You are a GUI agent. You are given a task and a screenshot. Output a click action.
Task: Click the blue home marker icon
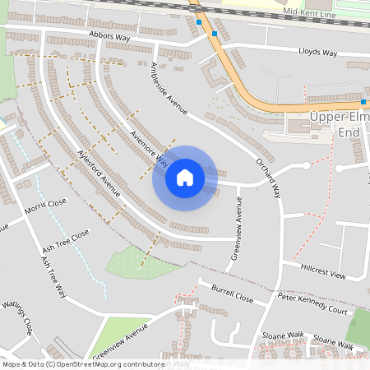coord(185,178)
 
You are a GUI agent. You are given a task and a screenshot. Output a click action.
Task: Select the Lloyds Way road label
coord(318,53)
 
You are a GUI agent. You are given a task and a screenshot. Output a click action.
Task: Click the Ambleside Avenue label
coord(169,89)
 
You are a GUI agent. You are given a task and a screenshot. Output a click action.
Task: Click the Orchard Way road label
coord(268,178)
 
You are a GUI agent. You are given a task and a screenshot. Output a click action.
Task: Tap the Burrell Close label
coord(232,294)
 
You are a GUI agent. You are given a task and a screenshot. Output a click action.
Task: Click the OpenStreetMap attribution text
coord(82,363)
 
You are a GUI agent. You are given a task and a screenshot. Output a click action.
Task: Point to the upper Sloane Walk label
coord(284,335)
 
